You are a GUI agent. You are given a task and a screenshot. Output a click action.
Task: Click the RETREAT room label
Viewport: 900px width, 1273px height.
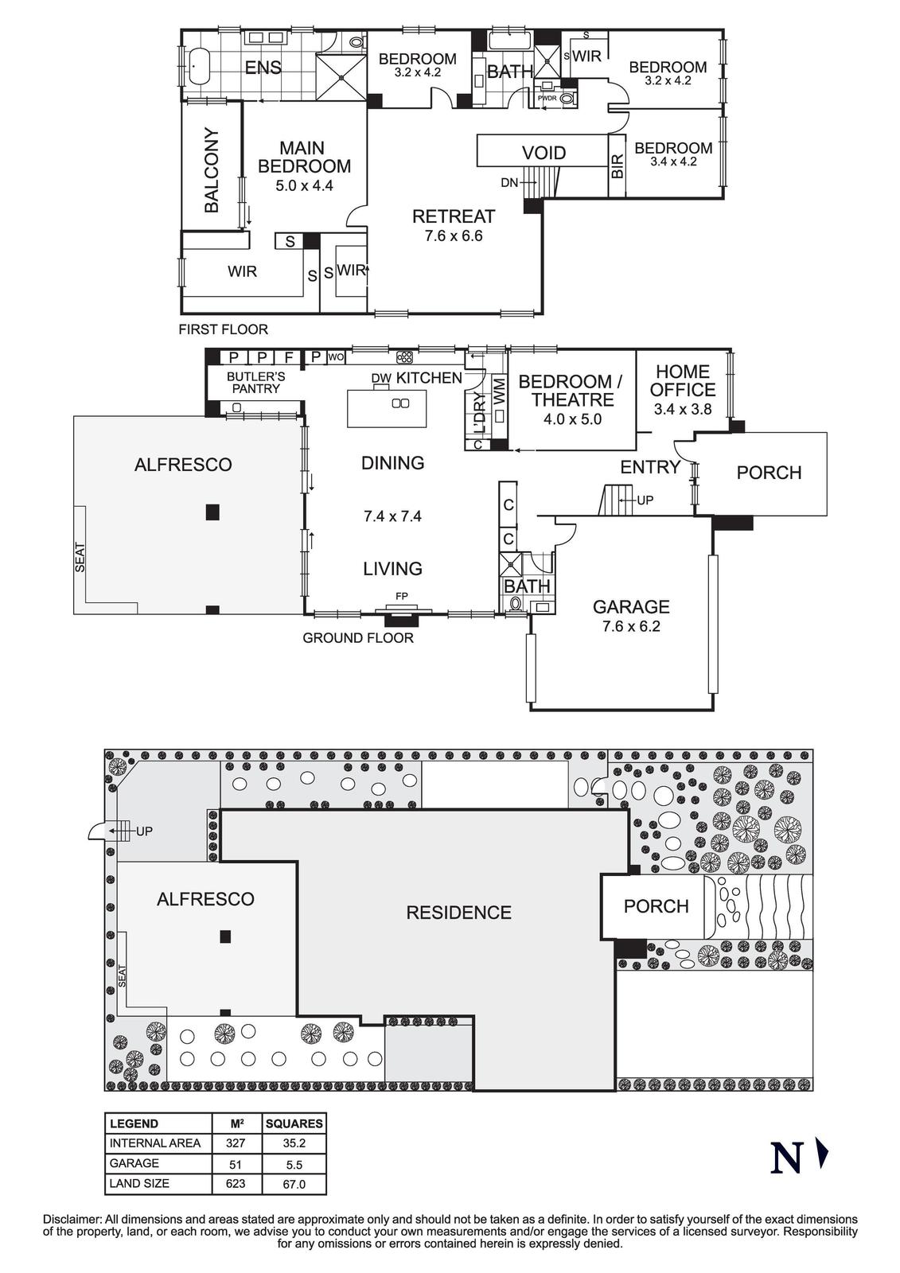coord(454,216)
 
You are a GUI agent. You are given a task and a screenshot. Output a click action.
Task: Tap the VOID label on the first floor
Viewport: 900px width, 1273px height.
coord(544,153)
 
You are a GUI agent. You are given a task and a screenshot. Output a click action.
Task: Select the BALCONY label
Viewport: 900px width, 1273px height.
coord(212,170)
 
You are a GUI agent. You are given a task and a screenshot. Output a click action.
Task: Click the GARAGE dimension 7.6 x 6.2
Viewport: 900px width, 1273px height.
coord(631,626)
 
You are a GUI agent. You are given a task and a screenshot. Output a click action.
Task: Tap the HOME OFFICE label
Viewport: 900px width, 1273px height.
coord(682,380)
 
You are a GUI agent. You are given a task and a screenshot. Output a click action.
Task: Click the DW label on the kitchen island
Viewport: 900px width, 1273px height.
coord(379,378)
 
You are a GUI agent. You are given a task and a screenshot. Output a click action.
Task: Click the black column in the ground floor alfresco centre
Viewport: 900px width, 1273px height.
coord(212,512)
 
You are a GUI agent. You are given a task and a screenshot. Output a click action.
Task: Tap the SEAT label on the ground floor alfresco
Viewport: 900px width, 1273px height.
coord(80,557)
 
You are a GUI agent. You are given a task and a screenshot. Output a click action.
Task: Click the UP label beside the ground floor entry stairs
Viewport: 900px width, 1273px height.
coord(645,500)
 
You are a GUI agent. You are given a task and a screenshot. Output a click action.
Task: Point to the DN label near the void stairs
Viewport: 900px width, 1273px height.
coord(509,183)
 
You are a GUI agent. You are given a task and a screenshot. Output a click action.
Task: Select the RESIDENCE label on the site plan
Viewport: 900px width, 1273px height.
coord(458,913)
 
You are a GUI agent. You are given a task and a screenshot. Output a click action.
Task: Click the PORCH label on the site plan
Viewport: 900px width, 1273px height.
coord(656,906)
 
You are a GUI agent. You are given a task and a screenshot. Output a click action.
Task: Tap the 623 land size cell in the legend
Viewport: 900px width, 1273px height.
coord(235,1183)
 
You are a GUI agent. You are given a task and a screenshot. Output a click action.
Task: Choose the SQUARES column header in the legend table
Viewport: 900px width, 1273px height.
coord(294,1123)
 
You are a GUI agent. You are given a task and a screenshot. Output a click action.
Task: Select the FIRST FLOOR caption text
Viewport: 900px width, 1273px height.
coord(223,329)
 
